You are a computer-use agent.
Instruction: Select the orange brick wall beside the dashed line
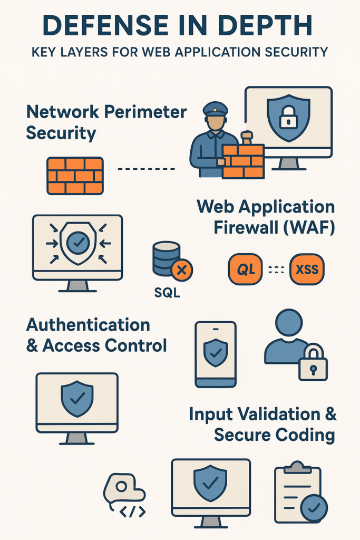pyautogui.click(x=75, y=175)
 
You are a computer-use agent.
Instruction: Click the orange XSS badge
pyautogui.click(x=307, y=269)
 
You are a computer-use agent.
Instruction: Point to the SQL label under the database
pyautogui.click(x=167, y=293)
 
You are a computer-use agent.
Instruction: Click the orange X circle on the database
pyautogui.click(x=182, y=271)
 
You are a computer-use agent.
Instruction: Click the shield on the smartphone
pyautogui.click(x=216, y=352)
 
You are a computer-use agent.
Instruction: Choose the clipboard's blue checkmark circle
pyautogui.click(x=314, y=508)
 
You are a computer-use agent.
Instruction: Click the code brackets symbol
pyautogui.click(x=133, y=512)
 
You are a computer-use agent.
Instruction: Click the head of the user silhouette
pyautogui.click(x=289, y=322)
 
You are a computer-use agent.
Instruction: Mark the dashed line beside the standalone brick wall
pyautogui.click(x=146, y=169)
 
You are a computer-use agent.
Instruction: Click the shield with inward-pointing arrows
pyautogui.click(x=78, y=244)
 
